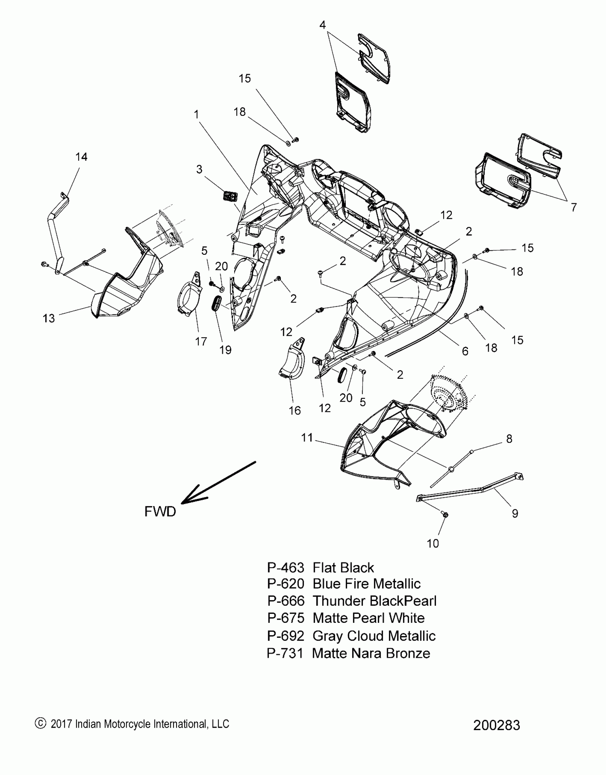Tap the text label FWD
160,512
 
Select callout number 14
81,157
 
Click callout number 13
49,318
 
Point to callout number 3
199,169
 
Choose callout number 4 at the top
322,25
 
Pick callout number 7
574,207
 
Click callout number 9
515,513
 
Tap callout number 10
433,543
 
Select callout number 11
307,438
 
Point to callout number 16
295,410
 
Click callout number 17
201,341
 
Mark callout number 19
225,350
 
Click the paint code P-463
286,567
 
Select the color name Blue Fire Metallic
366,584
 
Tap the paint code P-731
285,653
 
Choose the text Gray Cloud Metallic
374,636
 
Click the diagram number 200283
497,725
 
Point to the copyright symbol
40,723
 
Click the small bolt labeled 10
445,515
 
